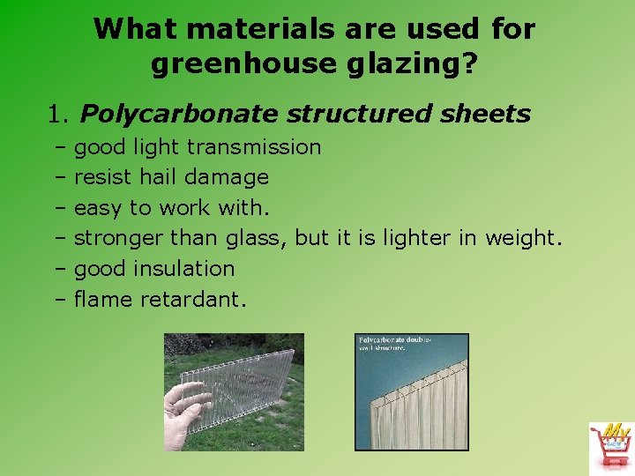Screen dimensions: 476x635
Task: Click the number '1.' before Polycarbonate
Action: pyautogui.click(x=60, y=114)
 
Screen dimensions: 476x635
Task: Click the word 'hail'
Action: pyautogui.click(x=159, y=177)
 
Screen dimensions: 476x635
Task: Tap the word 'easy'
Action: pyautogui.click(x=98, y=208)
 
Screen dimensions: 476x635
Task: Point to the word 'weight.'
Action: pyautogui.click(x=523, y=238)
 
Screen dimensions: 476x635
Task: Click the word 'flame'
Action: pyautogui.click(x=101, y=300)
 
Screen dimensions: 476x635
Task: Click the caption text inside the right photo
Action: pyautogui.click(x=394, y=344)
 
